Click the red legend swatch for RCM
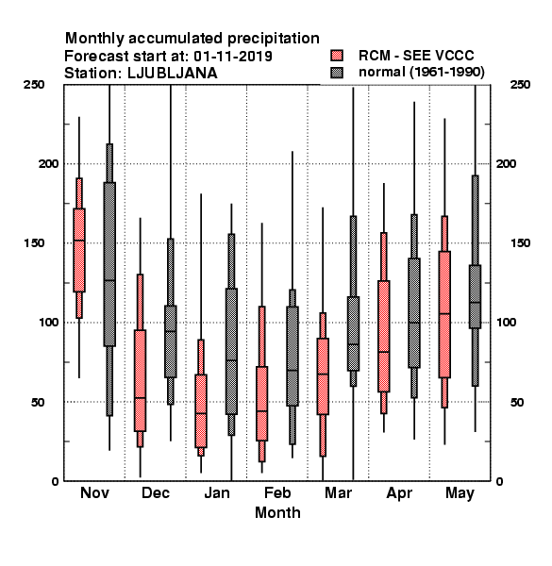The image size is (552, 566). click(x=337, y=56)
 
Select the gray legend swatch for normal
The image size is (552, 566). click(x=337, y=73)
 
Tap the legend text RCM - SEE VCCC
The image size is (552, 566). click(x=416, y=56)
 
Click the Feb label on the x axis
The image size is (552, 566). click(x=277, y=492)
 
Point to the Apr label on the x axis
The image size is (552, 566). click(x=399, y=493)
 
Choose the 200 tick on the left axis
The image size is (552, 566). click(x=48, y=163)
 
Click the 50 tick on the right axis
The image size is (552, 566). click(x=517, y=402)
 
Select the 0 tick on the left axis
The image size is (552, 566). click(x=55, y=481)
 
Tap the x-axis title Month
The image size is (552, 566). click(x=277, y=512)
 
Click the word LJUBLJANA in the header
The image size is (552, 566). click(x=173, y=74)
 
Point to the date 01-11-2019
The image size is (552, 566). click(x=233, y=56)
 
